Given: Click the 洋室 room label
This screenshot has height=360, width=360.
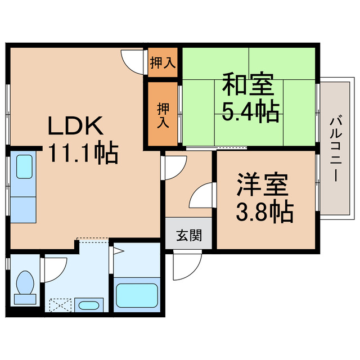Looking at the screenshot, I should pos(262,184).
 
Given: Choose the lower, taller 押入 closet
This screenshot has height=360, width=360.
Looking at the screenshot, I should pos(163,115).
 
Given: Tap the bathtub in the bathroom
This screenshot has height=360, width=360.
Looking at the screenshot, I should pos(137,294).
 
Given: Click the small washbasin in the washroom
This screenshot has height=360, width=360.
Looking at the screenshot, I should pos(88,306).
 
